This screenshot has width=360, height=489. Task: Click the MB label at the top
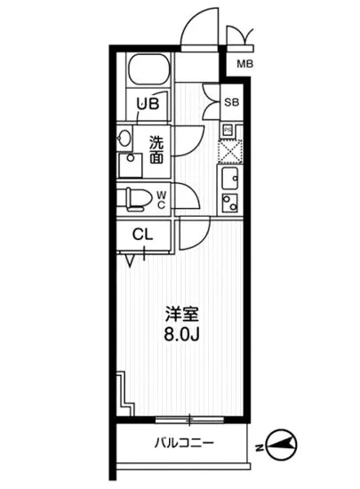(x=244, y=64)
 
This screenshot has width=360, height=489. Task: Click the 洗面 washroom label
(x=155, y=149)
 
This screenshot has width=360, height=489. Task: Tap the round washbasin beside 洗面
(x=124, y=139)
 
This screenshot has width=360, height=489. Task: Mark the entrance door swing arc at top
(x=197, y=27)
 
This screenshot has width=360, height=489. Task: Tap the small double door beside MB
(x=239, y=36)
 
